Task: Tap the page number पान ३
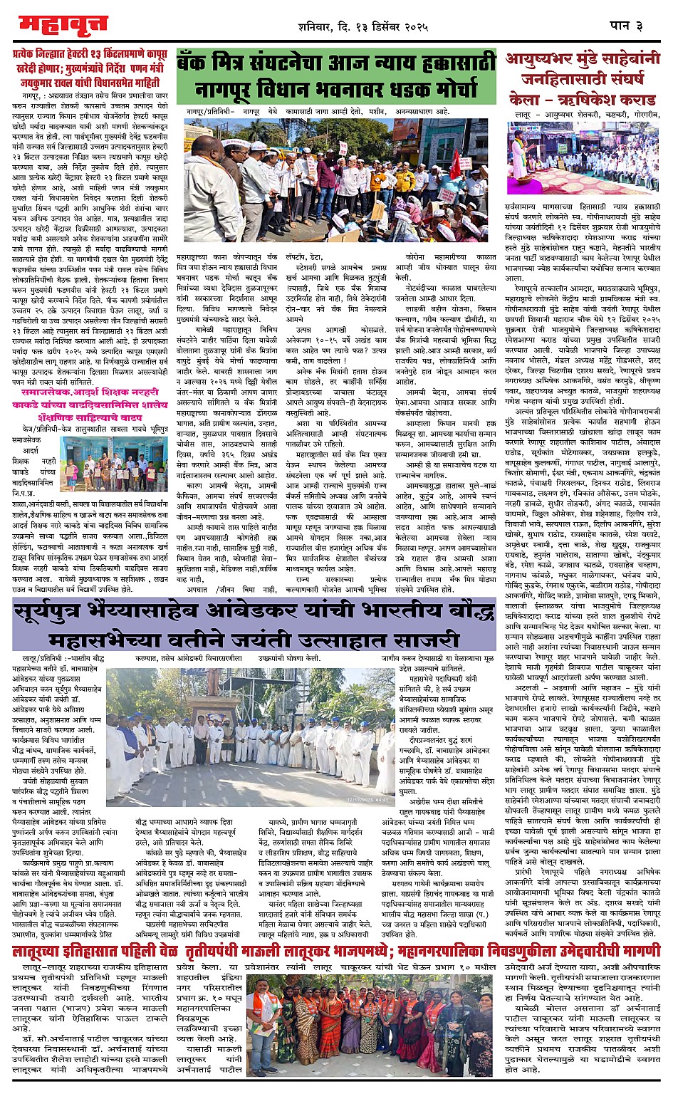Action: [626, 26]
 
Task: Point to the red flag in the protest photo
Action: [454, 160]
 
